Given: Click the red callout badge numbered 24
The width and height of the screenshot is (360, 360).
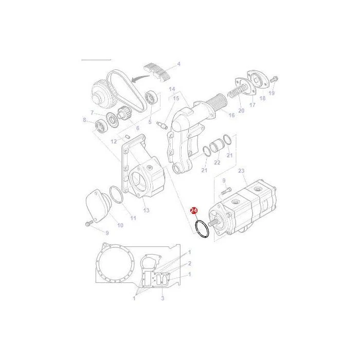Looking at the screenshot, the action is pyautogui.click(x=194, y=210).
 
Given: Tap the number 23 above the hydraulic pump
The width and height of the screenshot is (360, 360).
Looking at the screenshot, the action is pyautogui.click(x=241, y=171).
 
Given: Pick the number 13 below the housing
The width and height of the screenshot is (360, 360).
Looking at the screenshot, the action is pyautogui.click(x=146, y=210).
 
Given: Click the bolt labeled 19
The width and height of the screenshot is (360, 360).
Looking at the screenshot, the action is pyautogui.click(x=274, y=80).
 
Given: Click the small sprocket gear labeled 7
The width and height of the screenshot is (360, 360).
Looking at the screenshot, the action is pyautogui.click(x=112, y=119).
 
